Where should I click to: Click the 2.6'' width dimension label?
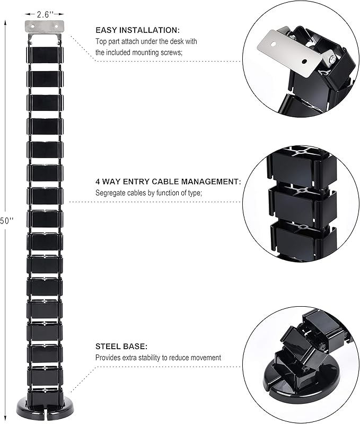[x=45, y=14]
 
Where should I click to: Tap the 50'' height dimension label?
[x=6, y=221]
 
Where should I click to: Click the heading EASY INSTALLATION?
[x=137, y=30]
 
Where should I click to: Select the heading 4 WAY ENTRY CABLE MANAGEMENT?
[x=168, y=181]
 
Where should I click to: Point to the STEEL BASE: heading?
[x=121, y=347]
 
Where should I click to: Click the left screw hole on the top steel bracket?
[x=33, y=27]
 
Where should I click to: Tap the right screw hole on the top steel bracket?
[x=56, y=27]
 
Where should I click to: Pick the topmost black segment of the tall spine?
[x=45, y=55]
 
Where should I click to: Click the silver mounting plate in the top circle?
[x=289, y=53]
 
